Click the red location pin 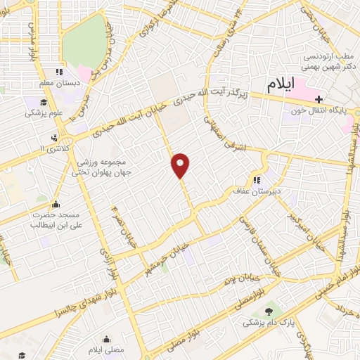click(181, 165)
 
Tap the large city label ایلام click(285, 85)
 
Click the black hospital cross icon click(319, 100)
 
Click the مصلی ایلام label click(105, 349)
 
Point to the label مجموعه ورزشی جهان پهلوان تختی click(103, 166)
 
